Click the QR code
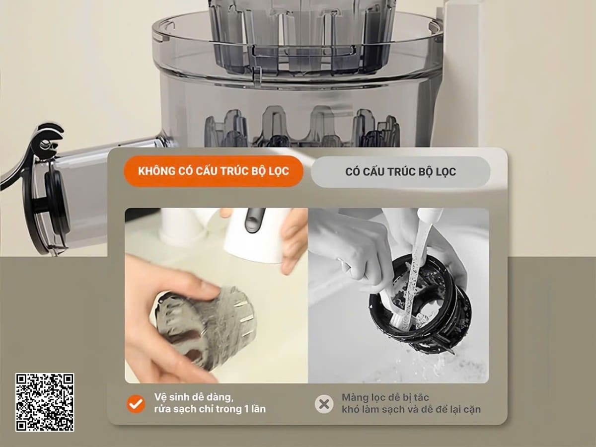(45, 402)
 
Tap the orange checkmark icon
(136, 404)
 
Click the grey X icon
(324, 404)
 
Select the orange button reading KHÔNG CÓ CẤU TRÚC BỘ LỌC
(214, 171)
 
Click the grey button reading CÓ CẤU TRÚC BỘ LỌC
(400, 172)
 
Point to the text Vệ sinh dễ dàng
(194, 397)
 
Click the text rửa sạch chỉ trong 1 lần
(210, 409)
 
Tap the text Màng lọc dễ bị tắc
(385, 398)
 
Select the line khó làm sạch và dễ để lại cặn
(411, 410)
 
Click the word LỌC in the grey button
(445, 172)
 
